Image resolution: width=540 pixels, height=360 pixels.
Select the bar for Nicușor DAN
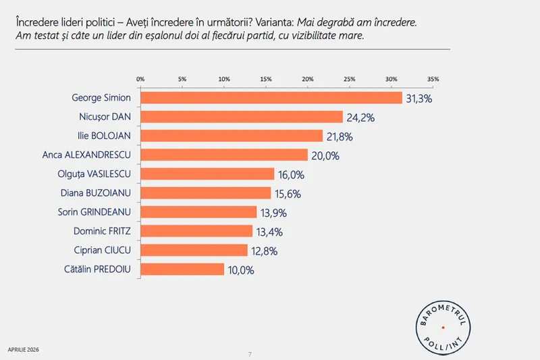pos(242,117)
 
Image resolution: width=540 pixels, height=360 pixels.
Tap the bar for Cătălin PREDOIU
pos(182,269)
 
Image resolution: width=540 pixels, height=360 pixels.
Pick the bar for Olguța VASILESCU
pos(207,174)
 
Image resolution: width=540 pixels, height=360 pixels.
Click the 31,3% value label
pos(418,99)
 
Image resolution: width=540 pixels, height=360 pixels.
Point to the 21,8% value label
pos(340,136)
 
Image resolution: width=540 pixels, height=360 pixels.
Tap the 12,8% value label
pos(264,251)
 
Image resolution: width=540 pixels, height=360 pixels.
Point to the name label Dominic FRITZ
pos(101,231)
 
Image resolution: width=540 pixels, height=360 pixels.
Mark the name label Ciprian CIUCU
pos(101,251)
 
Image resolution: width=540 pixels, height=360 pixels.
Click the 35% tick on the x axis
pos(433,79)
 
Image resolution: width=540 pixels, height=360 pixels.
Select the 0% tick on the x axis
pos(140,79)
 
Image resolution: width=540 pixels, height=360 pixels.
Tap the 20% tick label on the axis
pos(307,79)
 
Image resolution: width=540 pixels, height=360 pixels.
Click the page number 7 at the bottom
pos(250,354)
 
